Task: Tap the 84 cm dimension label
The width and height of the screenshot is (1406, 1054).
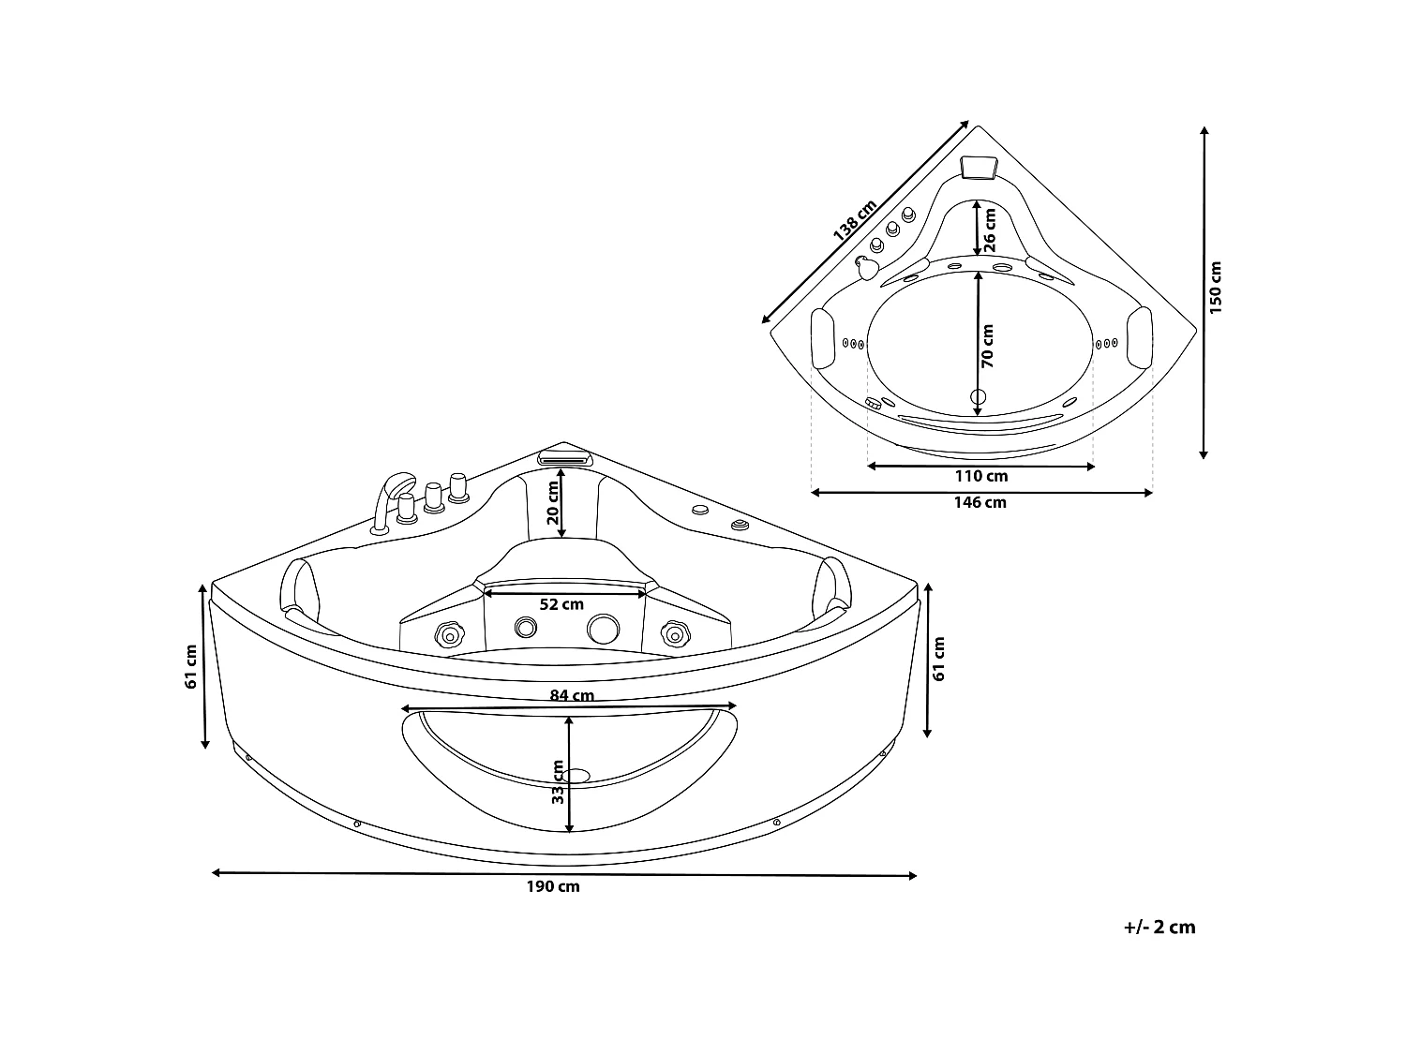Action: (571, 695)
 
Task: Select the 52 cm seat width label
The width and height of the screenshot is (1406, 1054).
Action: (561, 604)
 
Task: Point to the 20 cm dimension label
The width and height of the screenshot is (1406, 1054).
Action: (553, 504)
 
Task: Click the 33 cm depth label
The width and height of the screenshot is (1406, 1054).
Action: (559, 782)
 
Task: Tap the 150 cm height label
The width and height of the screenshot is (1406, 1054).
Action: (1216, 288)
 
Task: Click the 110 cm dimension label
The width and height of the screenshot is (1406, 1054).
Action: (981, 476)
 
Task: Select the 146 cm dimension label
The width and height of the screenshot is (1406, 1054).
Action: (980, 502)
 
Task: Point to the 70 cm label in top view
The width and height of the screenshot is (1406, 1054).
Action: (987, 344)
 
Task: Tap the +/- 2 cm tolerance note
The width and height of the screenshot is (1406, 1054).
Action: (1159, 928)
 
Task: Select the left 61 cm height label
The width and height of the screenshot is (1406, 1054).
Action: (191, 667)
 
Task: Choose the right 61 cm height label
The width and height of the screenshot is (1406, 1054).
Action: (939, 659)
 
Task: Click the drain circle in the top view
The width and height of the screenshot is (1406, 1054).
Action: (979, 396)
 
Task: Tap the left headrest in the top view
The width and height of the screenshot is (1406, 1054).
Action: (822, 338)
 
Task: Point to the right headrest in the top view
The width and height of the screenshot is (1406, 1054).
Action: (1139, 336)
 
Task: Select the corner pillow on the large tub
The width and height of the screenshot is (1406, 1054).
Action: (565, 458)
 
